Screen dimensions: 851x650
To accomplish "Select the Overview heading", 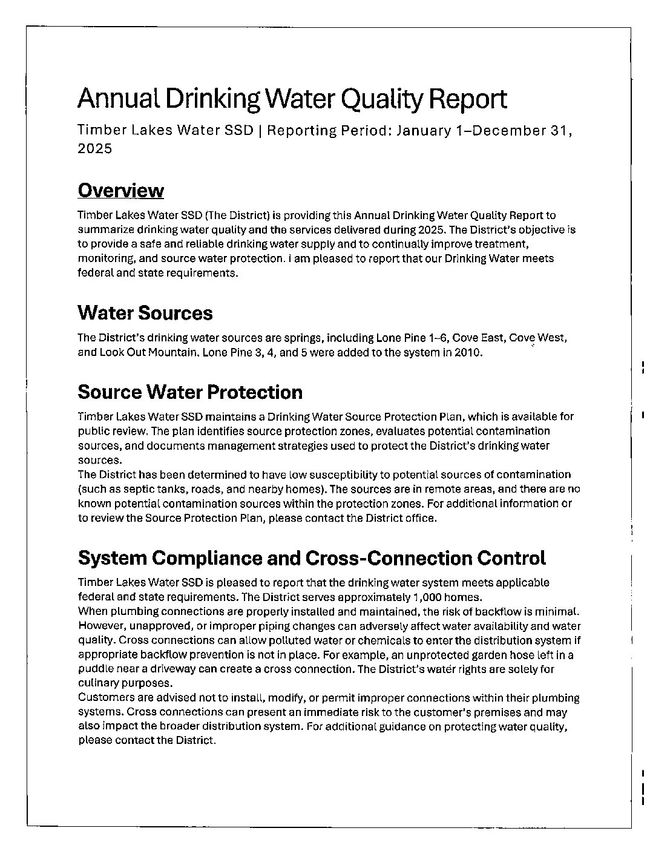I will (120, 191).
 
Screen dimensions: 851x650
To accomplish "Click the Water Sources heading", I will (145, 313).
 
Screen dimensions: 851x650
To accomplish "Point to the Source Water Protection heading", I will (190, 392).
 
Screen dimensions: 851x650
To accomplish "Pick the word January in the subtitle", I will (424, 131).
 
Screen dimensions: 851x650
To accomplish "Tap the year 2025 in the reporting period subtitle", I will (95, 148).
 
